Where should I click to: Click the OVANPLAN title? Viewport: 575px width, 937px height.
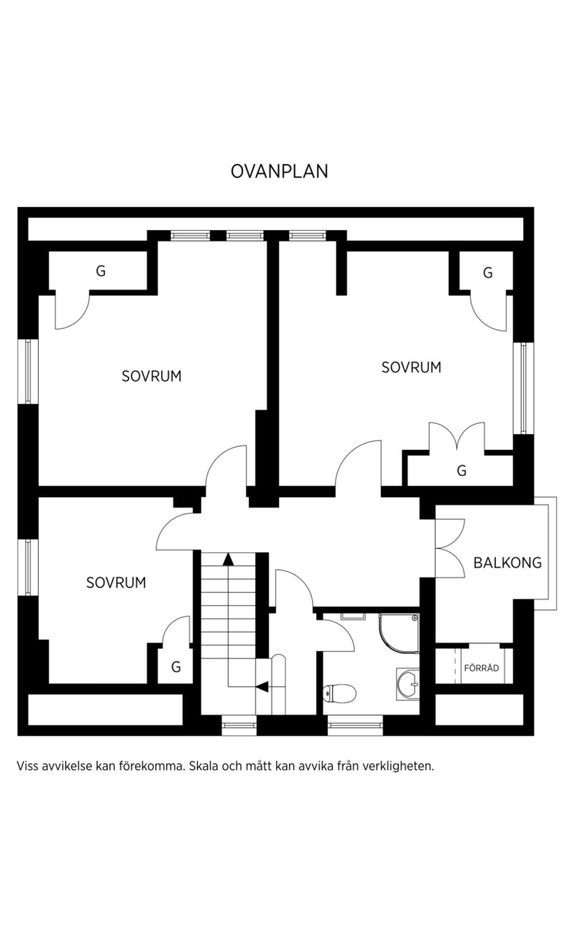click(279, 171)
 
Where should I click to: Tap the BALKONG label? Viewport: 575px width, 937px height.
click(507, 562)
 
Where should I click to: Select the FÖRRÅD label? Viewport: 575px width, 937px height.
click(482, 668)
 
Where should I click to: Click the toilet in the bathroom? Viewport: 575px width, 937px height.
click(340, 693)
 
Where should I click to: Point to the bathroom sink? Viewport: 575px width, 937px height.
click(408, 685)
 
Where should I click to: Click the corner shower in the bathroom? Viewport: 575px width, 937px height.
click(399, 633)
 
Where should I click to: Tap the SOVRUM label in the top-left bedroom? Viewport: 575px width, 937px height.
click(151, 376)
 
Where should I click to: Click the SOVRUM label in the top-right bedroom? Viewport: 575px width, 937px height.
click(411, 367)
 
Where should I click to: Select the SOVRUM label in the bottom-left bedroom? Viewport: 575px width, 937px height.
click(116, 583)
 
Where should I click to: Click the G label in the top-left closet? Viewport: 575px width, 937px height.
click(101, 271)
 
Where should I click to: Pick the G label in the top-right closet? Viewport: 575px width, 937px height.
click(488, 273)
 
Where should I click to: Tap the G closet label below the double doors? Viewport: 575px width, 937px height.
click(461, 470)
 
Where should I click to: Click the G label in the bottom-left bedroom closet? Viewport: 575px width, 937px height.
click(176, 667)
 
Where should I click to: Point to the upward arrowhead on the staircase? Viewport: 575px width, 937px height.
click(228, 559)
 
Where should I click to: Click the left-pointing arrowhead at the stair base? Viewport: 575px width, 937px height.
click(262, 686)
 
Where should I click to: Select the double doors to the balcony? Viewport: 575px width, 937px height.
click(450, 548)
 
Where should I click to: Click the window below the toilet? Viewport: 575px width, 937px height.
click(356, 726)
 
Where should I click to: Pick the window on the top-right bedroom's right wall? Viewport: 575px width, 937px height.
click(523, 389)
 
